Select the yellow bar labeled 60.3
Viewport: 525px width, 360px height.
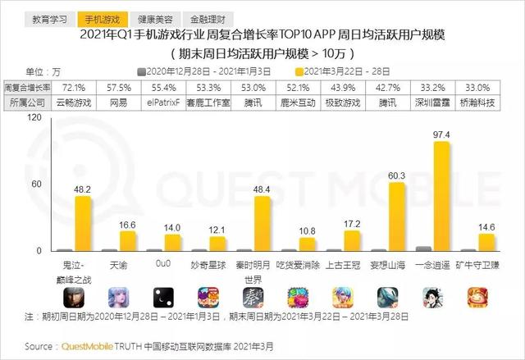point(396,216)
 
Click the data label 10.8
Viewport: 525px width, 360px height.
point(306,230)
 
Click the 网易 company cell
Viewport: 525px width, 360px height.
point(121,103)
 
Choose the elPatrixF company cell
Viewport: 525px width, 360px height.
point(167,103)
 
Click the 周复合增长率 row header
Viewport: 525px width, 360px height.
point(26,86)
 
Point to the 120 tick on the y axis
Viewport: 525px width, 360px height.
point(34,117)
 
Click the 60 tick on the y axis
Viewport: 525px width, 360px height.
point(37,184)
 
